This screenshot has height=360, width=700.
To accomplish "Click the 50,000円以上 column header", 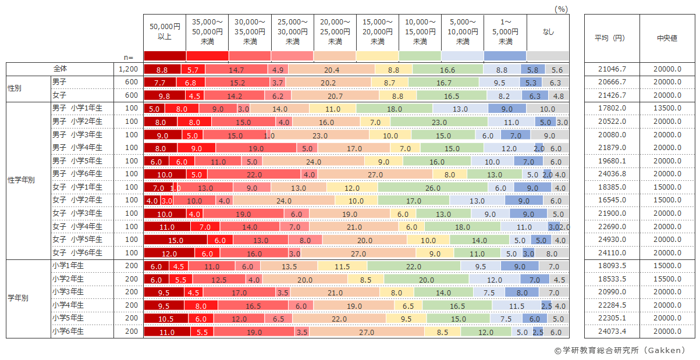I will tap(165, 32).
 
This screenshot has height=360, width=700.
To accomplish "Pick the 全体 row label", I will tap(60, 69).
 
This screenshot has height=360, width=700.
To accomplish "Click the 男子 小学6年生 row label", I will tap(77, 174).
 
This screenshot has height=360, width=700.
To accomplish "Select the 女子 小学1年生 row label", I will tap(77, 187).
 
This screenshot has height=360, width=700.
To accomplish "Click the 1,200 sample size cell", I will tap(129, 69).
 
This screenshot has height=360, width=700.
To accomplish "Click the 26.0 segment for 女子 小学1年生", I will tap(432, 187).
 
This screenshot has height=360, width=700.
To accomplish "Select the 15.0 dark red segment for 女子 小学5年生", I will tap(175, 240).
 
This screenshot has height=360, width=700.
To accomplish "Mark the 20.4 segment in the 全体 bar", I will tap(332, 69).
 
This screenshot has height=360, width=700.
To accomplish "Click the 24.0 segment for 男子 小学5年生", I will tap(314, 161).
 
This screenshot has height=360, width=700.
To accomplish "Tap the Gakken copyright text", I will tap(620, 350).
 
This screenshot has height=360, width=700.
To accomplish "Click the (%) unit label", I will tap(561, 9).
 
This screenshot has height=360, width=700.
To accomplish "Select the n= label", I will tap(129, 57).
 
